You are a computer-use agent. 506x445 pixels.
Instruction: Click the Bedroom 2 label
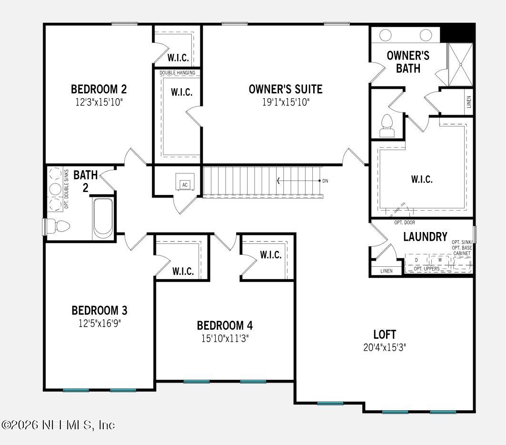click(99, 89)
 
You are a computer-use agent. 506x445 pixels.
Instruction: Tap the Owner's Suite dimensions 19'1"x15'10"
click(286, 102)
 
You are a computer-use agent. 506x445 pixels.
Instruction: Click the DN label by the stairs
click(325, 181)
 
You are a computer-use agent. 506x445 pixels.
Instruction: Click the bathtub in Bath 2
click(103, 217)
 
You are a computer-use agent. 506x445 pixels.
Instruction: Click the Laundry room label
click(425, 237)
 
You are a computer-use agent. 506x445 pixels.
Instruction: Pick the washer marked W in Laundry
click(440, 260)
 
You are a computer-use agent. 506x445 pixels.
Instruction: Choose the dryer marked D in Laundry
click(417, 260)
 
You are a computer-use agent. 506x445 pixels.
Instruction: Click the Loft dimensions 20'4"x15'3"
click(384, 347)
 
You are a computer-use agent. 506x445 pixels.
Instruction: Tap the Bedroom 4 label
click(225, 325)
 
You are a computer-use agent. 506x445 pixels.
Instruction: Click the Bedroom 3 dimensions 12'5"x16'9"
click(99, 323)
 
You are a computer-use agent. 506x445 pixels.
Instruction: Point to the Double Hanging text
click(177, 72)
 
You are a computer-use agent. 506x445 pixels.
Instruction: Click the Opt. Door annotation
click(405, 222)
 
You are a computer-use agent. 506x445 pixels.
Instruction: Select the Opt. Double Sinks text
click(67, 189)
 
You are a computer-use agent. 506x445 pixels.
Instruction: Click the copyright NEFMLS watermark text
click(58, 424)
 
